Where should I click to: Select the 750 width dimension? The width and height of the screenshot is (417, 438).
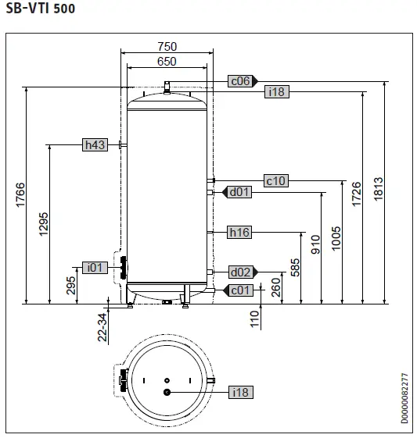click(167, 47)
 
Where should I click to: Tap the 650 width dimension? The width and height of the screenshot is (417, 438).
click(167, 62)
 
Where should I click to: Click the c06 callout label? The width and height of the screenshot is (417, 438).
click(239, 80)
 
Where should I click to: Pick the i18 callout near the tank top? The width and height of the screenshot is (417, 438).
click(277, 92)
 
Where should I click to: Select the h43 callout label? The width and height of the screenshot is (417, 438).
click(95, 144)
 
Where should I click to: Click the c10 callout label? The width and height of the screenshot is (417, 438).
click(276, 180)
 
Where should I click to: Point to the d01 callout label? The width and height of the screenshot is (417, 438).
click(239, 192)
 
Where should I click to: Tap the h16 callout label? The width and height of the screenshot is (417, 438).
click(239, 232)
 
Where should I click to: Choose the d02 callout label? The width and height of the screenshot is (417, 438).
click(239, 272)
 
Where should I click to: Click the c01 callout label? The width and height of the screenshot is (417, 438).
click(239, 290)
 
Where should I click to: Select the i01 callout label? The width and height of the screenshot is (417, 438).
click(95, 268)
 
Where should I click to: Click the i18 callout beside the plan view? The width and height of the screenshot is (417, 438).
click(239, 392)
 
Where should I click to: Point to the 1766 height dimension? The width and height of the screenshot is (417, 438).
click(21, 196)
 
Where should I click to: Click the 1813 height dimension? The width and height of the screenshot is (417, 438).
click(379, 191)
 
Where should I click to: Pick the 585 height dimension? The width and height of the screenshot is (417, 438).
click(296, 268)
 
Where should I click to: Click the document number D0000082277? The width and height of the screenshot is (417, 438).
click(404, 399)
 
